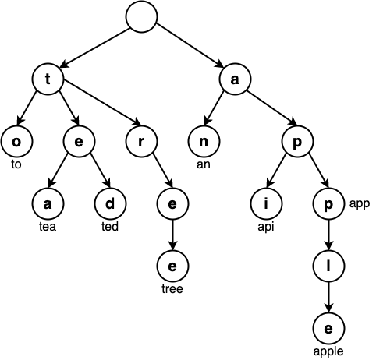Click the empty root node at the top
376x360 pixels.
tap(141, 18)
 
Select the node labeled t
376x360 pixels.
tap(48, 78)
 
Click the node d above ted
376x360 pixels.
tap(110, 204)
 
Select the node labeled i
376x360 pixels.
tap(265, 204)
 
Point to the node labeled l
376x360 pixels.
tap(328, 266)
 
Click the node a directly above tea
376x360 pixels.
tap(48, 204)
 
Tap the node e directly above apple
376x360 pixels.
tap(328, 328)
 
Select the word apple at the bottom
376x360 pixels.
tap(328, 351)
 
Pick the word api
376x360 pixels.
tap(265, 227)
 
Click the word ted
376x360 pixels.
tap(110, 227)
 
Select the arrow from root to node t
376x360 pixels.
tap(94, 48)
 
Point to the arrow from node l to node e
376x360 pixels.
tap(328, 297)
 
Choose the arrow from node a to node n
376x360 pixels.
tap(218, 110)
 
